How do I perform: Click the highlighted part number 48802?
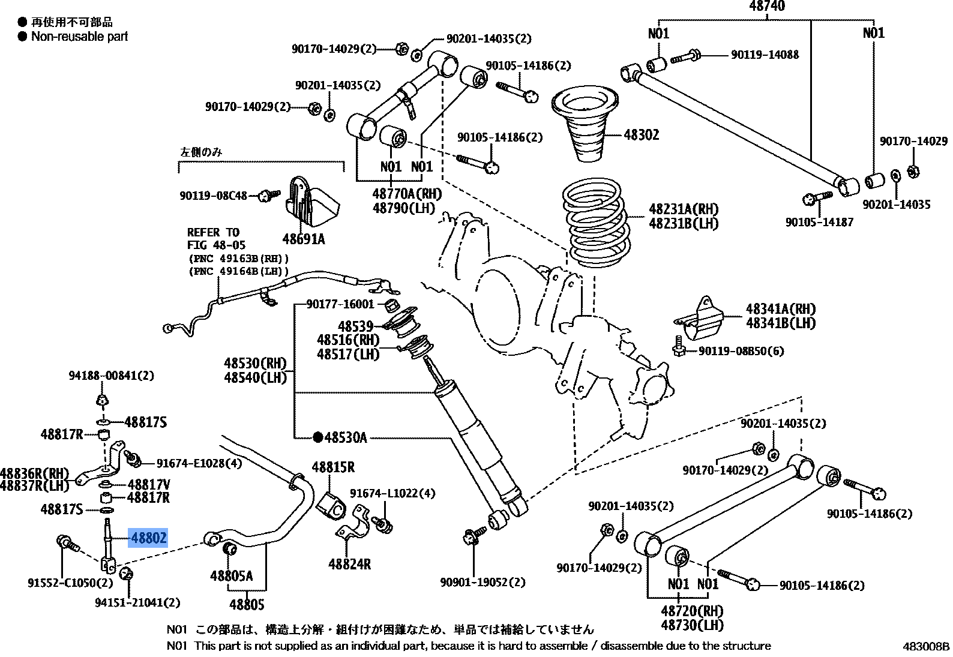(x=148, y=538)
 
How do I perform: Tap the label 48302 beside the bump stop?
(x=641, y=135)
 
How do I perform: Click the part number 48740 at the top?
(x=766, y=7)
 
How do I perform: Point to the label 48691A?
(x=303, y=239)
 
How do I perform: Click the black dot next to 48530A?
(x=317, y=437)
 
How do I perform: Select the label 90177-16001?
(x=340, y=304)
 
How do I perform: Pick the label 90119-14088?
(x=765, y=55)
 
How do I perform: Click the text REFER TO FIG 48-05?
(x=215, y=239)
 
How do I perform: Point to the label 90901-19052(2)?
(x=482, y=582)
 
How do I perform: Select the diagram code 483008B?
(x=926, y=646)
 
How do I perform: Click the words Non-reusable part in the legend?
(x=79, y=37)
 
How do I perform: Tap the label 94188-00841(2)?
(x=111, y=376)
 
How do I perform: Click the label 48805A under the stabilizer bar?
(x=231, y=576)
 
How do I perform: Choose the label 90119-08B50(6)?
(x=741, y=351)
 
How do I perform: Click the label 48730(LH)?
(x=692, y=625)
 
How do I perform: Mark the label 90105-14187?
(x=819, y=222)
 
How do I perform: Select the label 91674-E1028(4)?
(x=199, y=463)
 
